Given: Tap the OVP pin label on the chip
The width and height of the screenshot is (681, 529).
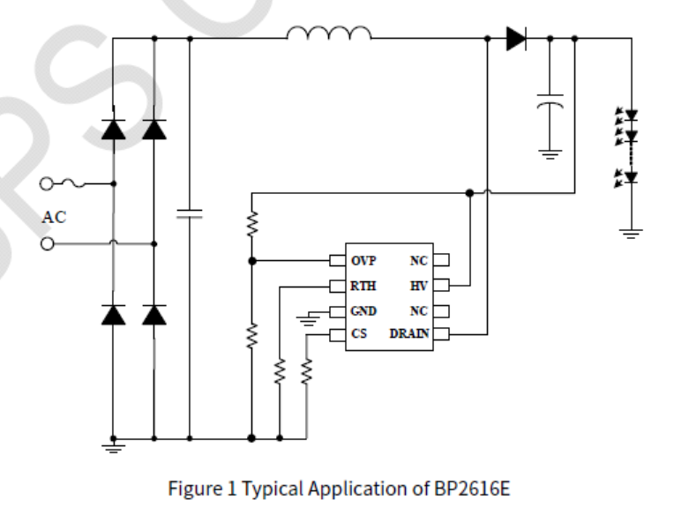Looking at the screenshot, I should point(363,260).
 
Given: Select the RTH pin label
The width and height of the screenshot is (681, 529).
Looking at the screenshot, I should point(363,286).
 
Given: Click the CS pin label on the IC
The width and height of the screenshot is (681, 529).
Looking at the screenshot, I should point(358,334).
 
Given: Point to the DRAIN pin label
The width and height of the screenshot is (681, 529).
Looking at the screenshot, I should point(408,334).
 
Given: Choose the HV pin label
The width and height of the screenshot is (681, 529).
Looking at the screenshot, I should point(418,286).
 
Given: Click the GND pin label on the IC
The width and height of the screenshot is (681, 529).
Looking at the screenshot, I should point(363,310).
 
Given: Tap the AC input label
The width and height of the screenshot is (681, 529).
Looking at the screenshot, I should point(54,217).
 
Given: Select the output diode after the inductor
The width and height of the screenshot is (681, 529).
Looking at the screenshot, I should point(516,39).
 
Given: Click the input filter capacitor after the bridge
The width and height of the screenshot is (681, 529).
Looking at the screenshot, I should point(190,213).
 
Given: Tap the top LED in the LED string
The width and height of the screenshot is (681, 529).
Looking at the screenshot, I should point(630,115).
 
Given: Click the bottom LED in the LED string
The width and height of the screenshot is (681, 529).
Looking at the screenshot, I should point(630,177).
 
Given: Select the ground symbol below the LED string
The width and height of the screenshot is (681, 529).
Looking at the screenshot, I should point(631,233).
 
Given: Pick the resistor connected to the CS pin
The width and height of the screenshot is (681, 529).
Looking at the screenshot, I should point(307,373).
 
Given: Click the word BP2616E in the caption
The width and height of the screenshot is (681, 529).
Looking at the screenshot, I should point(471,488).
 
